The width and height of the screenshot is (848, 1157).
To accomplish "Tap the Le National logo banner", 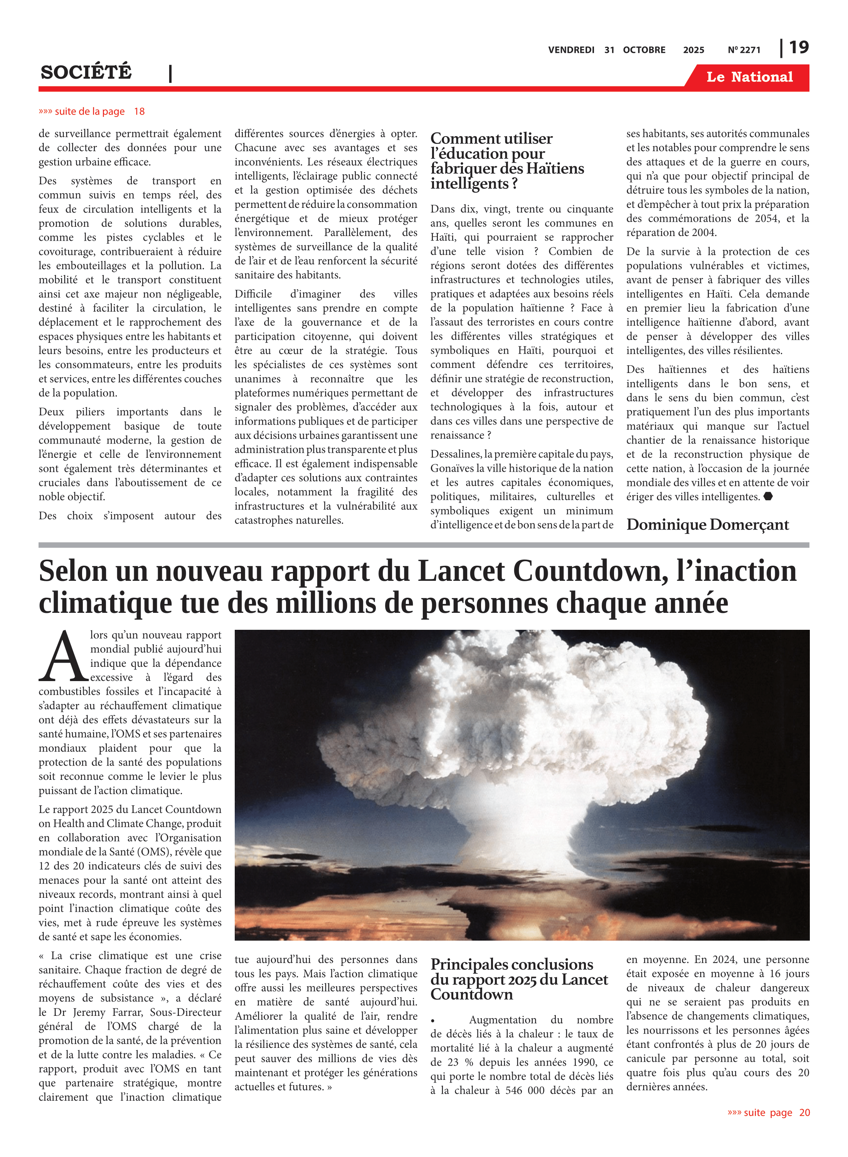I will (x=749, y=77).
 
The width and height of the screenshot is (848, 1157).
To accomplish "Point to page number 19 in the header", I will (x=799, y=47).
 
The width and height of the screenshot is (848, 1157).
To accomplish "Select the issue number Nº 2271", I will (x=744, y=50).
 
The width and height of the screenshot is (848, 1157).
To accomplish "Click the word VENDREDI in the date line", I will (x=571, y=50).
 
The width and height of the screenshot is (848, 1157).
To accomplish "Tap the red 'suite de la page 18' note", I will (x=91, y=111).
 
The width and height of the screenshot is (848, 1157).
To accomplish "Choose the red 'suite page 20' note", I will (x=769, y=1112).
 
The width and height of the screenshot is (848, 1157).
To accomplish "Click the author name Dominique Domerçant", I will (x=707, y=525).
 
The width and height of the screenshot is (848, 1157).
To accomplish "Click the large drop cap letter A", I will (x=63, y=657).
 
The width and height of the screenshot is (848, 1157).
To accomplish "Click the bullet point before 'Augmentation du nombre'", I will (x=433, y=1021).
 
